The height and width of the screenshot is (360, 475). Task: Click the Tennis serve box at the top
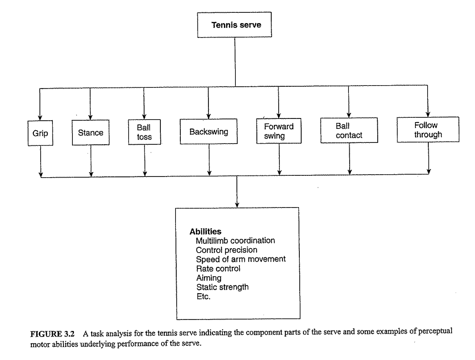[x=235, y=25]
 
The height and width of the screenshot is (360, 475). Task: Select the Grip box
[x=40, y=133]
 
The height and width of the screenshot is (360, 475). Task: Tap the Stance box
[x=91, y=133]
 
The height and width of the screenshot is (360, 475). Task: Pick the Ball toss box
[x=144, y=132]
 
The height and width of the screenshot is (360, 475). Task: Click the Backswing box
[x=209, y=131]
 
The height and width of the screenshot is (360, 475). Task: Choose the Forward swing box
[x=279, y=131]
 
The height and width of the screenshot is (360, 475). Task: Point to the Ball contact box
[x=349, y=131]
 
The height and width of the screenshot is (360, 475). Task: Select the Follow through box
[x=428, y=130]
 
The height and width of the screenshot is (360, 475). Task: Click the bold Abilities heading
[x=205, y=231]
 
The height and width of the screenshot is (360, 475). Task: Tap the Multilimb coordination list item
[x=235, y=241]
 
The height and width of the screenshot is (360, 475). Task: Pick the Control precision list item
[x=226, y=250]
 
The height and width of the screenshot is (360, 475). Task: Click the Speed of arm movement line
[x=240, y=259]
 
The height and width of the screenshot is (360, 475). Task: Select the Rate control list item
[x=218, y=269]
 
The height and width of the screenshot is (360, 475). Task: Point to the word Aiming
[x=209, y=278]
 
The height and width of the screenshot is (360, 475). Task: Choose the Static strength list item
[x=222, y=287]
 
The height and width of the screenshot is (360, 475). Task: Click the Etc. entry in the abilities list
[x=203, y=296]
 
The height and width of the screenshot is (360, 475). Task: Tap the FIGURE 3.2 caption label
[x=52, y=334]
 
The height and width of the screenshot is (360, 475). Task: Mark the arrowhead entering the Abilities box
[x=237, y=205]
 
